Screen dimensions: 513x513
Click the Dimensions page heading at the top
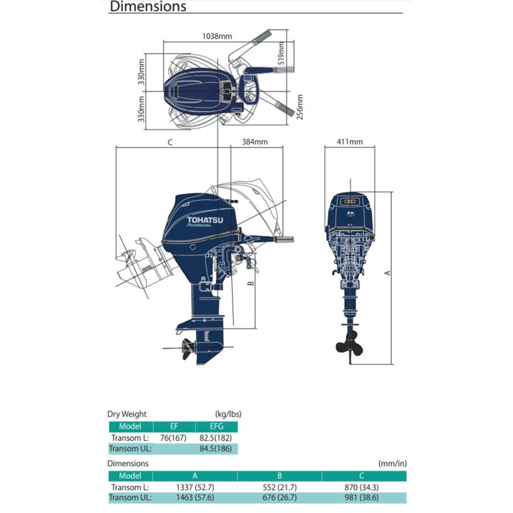pos(148,6)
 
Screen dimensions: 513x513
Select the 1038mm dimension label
pos(217,36)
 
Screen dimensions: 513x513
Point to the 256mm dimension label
pos(300,107)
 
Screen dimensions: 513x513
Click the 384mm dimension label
pos(255,142)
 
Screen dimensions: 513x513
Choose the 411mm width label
pos(350,142)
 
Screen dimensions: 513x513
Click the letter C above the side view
pos(170,142)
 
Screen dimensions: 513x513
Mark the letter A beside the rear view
pos(388,273)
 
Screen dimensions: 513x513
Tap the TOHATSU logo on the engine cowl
pos(205,220)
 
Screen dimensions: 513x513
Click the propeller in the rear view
pos(350,344)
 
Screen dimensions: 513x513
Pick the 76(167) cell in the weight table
pos(173,438)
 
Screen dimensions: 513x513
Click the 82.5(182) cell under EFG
pos(215,438)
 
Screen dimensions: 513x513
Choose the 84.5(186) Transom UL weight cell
pos(215,448)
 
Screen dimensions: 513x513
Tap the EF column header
pos(174,426)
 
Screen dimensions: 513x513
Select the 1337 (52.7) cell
pos(195,487)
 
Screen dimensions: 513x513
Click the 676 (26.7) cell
pos(280,498)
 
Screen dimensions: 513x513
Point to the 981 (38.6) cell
pos(361,498)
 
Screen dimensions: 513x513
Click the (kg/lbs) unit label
pos(229,414)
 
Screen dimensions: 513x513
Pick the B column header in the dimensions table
pos(279,476)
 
